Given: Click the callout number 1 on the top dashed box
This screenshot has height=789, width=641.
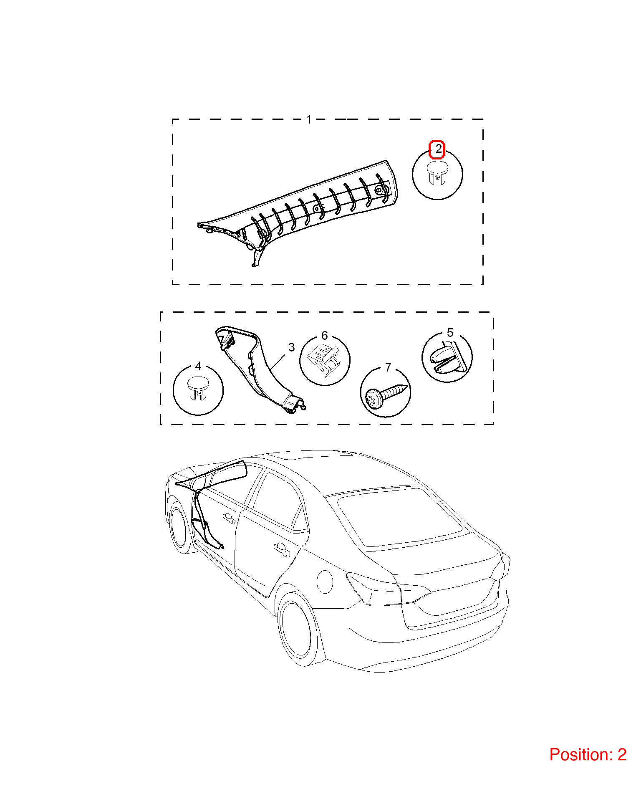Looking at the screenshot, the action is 309,119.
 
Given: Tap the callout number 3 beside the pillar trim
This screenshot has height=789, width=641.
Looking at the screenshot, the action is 292,347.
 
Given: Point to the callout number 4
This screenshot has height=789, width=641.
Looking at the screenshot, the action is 198,366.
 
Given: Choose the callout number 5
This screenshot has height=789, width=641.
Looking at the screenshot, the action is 450,333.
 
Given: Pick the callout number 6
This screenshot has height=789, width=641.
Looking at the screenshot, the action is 325,336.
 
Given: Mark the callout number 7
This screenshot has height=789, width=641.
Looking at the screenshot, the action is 388,367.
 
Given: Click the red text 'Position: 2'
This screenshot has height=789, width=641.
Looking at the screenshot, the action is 588,755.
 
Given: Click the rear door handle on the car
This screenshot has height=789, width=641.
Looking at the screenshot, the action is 282,549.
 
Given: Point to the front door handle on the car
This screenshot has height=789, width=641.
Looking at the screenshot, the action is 229,518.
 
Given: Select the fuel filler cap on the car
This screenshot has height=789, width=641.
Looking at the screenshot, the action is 325,581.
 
